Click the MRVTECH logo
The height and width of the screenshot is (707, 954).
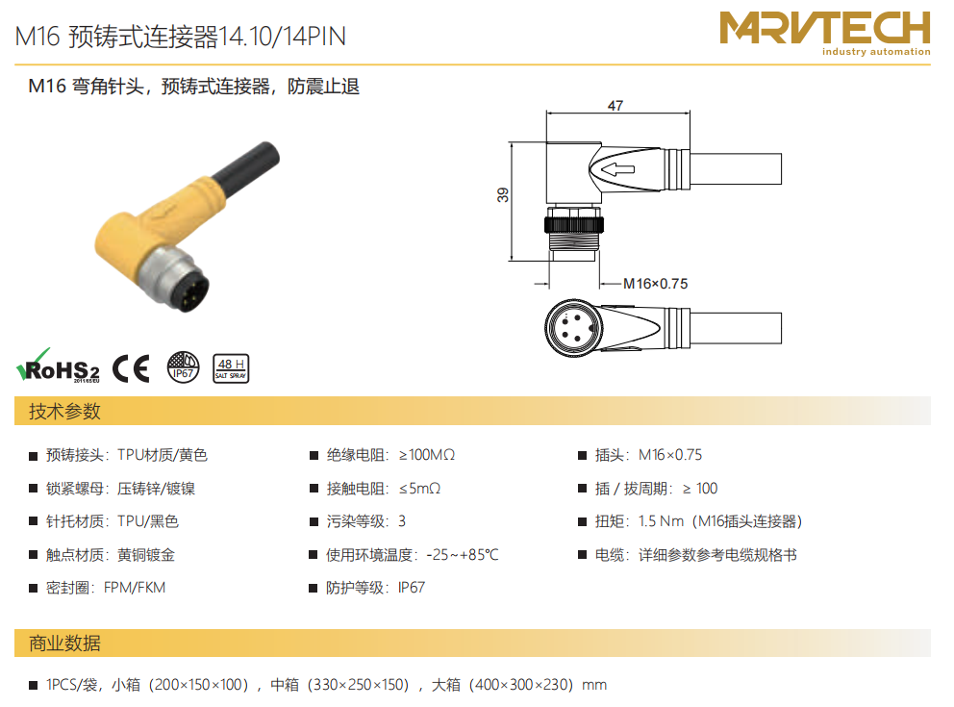pyautogui.click(x=824, y=34)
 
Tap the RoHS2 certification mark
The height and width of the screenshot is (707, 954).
pyautogui.click(x=58, y=366)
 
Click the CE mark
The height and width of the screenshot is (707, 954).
pyautogui.click(x=131, y=368)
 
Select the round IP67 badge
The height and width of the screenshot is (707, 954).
pyautogui.click(x=183, y=367)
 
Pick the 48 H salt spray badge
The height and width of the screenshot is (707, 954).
pyautogui.click(x=231, y=368)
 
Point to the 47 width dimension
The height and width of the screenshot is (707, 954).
pyautogui.click(x=615, y=106)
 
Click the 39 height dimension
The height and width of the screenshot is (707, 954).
pyautogui.click(x=503, y=194)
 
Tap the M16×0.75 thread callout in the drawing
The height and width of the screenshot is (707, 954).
pyautogui.click(x=655, y=284)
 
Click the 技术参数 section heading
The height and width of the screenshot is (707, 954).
pyautogui.click(x=64, y=412)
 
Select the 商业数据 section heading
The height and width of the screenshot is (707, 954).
pyautogui.click(x=64, y=644)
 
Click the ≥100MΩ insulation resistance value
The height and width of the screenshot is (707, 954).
pyautogui.click(x=426, y=455)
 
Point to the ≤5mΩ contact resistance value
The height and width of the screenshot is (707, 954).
pyautogui.click(x=419, y=489)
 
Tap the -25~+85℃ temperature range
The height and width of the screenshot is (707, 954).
pyautogui.click(x=463, y=555)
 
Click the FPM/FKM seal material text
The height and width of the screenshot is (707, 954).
pyautogui.click(x=135, y=588)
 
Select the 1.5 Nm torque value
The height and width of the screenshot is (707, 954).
pyautogui.click(x=661, y=521)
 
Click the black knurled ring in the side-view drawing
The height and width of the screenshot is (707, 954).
pyautogui.click(x=574, y=224)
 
